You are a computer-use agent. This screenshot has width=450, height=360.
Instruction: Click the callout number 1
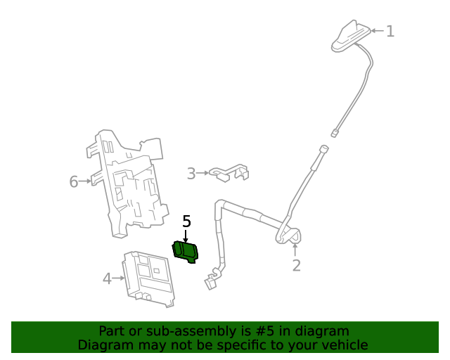click(390, 31)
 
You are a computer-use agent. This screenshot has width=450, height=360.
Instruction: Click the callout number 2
click(296, 265)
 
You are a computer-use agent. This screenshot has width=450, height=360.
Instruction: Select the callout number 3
click(191, 172)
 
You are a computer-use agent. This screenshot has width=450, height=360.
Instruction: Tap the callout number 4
click(107, 278)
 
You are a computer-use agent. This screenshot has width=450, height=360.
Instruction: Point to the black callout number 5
click(186, 221)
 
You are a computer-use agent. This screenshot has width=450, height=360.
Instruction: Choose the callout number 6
click(74, 181)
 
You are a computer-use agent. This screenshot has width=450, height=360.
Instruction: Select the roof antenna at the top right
click(351, 37)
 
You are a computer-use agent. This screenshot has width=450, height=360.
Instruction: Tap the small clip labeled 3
click(229, 172)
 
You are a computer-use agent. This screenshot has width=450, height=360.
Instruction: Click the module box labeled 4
click(148, 278)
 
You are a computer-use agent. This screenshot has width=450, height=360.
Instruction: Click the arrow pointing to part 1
click(376, 31)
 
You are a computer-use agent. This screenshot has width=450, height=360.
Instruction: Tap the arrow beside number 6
click(86, 181)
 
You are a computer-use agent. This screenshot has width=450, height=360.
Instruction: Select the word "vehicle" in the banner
click(344, 345)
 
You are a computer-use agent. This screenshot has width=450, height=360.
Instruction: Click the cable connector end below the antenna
click(336, 131)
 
